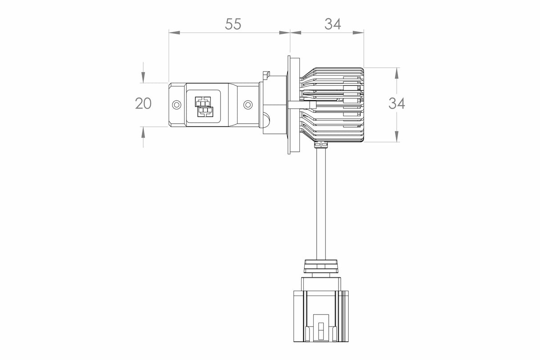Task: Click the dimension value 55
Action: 233,24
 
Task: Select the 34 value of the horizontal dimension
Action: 332,24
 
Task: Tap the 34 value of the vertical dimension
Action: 396,103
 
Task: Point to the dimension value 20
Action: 143,103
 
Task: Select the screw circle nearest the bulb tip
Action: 177,105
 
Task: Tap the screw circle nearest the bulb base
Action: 248,105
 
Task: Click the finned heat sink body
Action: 338,105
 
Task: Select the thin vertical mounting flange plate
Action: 290,105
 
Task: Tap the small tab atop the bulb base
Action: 266,73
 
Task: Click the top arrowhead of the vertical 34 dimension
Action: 396,73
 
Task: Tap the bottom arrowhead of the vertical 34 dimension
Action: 396,137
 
